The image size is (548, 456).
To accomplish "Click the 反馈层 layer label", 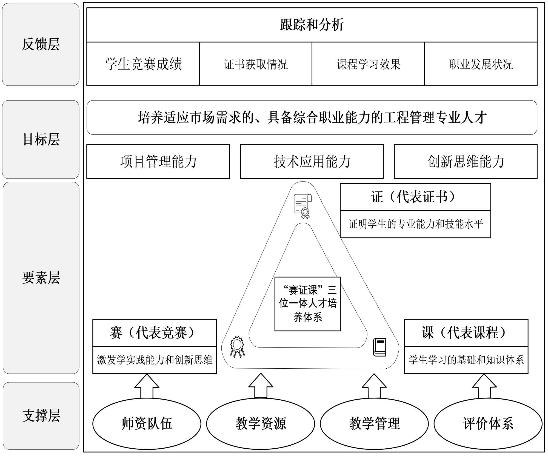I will click(41, 44).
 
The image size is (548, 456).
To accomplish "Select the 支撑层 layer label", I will click(41, 416).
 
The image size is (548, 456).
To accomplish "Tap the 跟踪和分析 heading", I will click(312, 25).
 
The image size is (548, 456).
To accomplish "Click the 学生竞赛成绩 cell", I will click(143, 64).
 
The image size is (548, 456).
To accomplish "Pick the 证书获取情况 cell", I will click(256, 64).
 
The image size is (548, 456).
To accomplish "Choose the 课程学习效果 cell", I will click(368, 64).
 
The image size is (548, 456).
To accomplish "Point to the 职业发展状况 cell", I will click(481, 64).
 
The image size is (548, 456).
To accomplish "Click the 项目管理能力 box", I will click(158, 162).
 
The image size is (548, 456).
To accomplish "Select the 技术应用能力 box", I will click(312, 162).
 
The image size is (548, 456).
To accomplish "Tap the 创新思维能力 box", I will click(466, 162).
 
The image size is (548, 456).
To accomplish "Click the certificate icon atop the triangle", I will click(303, 206).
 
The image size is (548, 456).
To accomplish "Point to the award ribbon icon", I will click(237, 347).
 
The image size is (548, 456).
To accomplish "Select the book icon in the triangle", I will click(379, 347).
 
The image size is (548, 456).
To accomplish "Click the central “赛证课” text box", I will click(308, 304).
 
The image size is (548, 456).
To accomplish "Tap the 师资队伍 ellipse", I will click(147, 423).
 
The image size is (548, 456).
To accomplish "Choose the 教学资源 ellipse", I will click(261, 423).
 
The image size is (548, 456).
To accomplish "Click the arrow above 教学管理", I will click(374, 386).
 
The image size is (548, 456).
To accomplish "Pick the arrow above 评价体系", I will click(484, 386).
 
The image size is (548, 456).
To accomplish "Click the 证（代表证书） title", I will click(415, 197).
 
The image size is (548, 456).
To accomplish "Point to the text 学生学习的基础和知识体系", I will click(466, 360).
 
